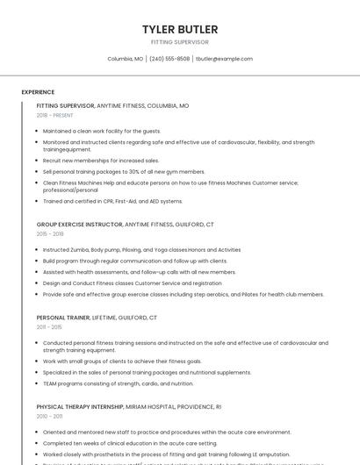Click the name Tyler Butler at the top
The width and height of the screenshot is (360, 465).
(180, 30)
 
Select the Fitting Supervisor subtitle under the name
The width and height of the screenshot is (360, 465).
(180, 41)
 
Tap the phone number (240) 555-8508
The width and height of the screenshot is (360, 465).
(169, 59)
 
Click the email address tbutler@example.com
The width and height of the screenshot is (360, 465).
(224, 59)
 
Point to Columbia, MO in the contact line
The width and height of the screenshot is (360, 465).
(125, 59)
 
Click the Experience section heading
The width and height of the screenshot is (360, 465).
(38, 92)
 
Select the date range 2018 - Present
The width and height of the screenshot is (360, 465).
(54, 115)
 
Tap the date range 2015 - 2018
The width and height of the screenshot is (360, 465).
(50, 234)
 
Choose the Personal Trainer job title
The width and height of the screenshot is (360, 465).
(64, 318)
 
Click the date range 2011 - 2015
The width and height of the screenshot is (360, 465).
(50, 327)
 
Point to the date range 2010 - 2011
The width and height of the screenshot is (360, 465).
(50, 417)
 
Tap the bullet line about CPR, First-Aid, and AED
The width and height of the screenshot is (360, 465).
(112, 201)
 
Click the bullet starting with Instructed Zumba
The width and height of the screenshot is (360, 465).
(140, 250)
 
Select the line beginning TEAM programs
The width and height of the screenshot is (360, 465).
(118, 383)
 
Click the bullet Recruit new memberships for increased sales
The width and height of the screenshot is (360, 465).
(101, 161)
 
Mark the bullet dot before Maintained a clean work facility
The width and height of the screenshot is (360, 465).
(37, 131)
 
